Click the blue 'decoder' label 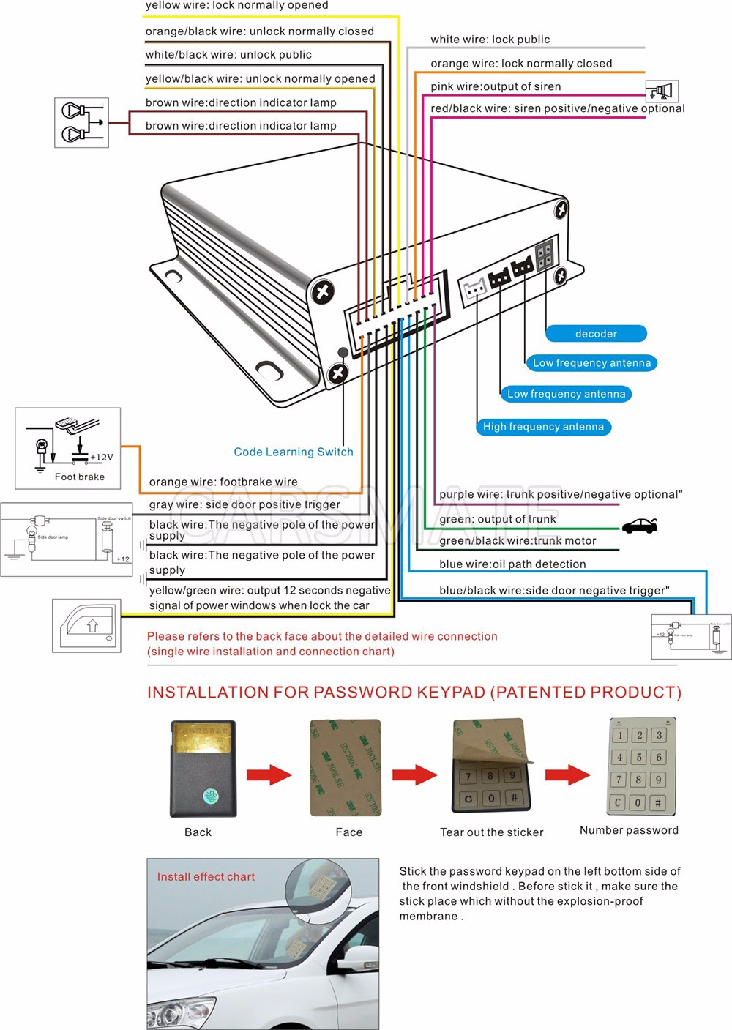596,334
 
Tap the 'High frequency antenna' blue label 543,427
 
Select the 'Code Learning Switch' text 294,452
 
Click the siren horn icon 662,91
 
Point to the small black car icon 639,526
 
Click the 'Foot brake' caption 80,477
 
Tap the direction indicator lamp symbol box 81,123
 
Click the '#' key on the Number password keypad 657,802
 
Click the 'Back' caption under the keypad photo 198,832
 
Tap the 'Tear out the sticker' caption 492,832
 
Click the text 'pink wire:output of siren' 496,86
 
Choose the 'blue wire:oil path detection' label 512,564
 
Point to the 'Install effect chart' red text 206,876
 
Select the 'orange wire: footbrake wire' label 223,482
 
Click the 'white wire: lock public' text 490,40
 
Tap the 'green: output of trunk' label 498,519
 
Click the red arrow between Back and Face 269,775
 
